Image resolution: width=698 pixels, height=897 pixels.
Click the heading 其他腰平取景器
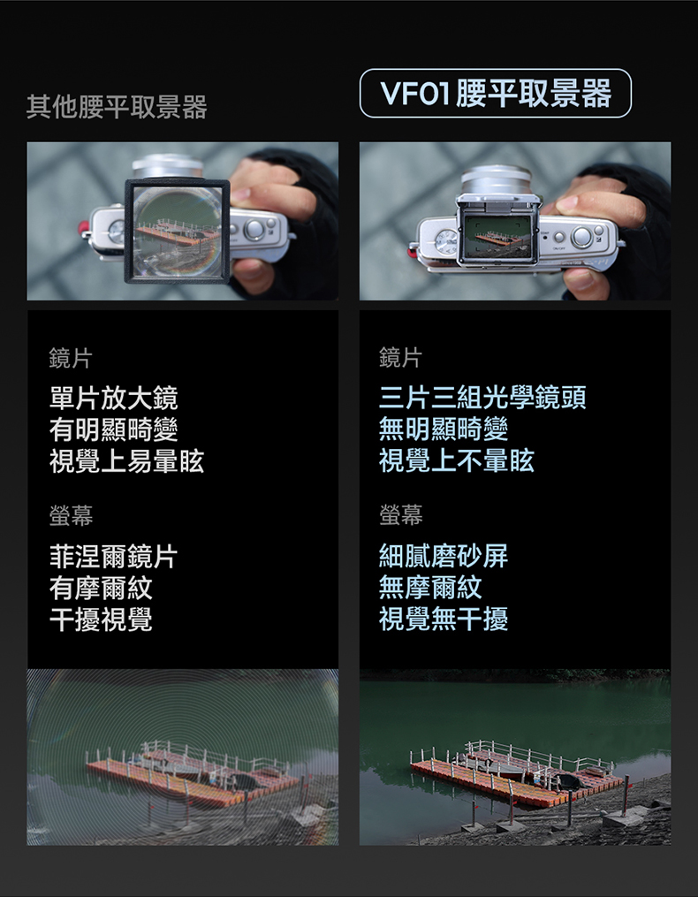(117, 107)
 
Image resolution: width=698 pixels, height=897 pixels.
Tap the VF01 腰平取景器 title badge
(496, 94)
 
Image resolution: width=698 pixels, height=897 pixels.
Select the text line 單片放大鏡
(114, 399)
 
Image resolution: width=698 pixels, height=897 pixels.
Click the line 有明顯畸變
(114, 429)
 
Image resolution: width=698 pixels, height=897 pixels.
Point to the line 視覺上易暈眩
(126, 461)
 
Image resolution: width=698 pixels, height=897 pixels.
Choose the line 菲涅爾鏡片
(114, 557)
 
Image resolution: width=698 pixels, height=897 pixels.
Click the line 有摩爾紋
(101, 588)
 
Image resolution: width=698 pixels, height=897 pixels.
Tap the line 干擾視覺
(101, 620)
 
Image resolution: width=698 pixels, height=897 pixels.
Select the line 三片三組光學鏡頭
(482, 398)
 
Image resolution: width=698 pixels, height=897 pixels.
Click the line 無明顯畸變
(444, 429)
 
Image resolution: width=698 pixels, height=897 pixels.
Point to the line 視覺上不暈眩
(457, 460)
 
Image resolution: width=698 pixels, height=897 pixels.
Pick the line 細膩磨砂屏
(444, 556)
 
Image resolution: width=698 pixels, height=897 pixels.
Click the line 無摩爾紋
(430, 588)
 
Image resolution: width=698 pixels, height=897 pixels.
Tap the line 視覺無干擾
(444, 619)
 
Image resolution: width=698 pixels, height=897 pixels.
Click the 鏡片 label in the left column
(71, 359)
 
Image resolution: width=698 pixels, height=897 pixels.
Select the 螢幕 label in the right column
(401, 515)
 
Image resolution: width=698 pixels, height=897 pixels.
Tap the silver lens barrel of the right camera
(497, 179)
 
